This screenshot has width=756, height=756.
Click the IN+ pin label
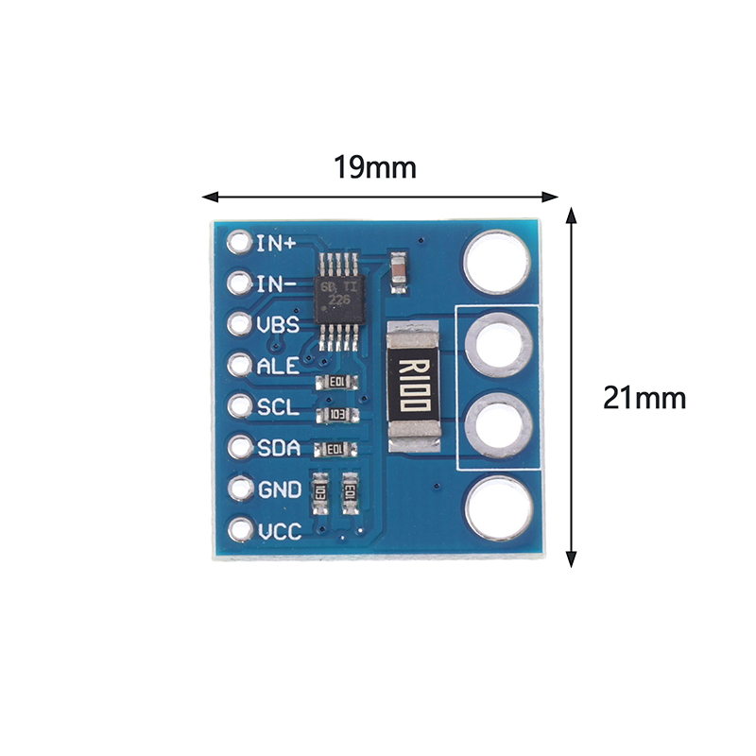click(x=276, y=243)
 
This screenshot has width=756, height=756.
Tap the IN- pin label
click(x=276, y=283)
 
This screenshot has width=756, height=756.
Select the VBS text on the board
click(x=278, y=325)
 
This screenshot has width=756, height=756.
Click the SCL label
click(x=278, y=407)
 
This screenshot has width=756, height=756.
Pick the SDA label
click(x=279, y=449)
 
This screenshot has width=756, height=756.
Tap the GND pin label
click(x=279, y=490)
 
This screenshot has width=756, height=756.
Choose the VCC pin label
click(x=279, y=531)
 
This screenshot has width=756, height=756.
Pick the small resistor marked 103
click(x=336, y=416)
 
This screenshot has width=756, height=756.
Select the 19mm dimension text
click(x=374, y=168)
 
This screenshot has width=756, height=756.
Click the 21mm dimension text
click(x=644, y=398)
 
